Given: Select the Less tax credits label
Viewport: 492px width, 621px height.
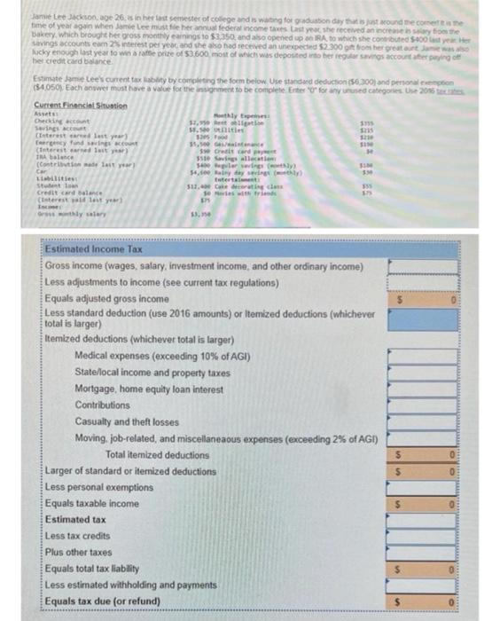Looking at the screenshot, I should [x=77, y=535].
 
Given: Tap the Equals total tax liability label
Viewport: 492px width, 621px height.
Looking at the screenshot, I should [x=98, y=568].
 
